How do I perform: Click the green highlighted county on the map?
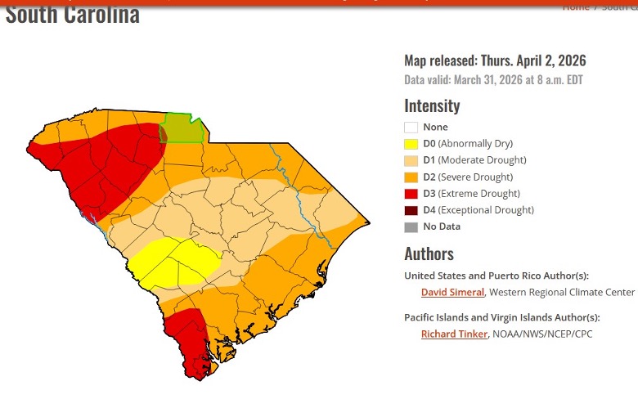[x=184, y=128]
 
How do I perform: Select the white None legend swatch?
[x=411, y=128]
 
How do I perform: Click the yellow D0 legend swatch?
[x=411, y=144]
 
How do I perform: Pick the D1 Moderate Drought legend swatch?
[x=411, y=160]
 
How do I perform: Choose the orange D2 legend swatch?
[x=411, y=177]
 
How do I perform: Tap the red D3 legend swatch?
[x=411, y=194]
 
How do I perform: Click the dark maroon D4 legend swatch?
[x=411, y=210]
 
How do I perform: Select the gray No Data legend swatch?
[x=411, y=227]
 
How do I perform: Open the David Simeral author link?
[x=452, y=292]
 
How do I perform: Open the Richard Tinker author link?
[x=454, y=334]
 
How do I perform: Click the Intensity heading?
[x=432, y=105]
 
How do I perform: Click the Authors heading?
[x=429, y=253]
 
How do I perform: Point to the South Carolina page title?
[x=72, y=14]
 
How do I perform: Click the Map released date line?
[x=495, y=61]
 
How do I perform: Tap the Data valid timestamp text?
[x=493, y=80]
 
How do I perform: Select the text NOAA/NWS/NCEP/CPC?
[x=541, y=334]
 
